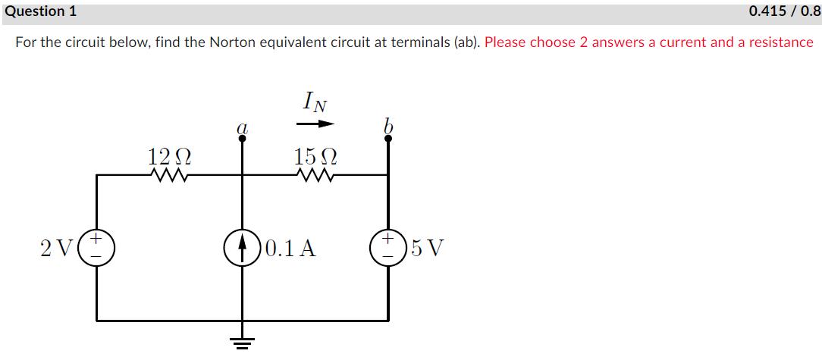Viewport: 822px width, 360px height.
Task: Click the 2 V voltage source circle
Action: coord(96,247)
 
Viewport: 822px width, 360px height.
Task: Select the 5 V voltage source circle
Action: coord(387,247)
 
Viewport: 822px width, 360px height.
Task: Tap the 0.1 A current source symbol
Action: coord(242,247)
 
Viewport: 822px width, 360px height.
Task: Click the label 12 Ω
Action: coord(169,157)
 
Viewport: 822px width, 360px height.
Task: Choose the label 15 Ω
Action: coord(315,157)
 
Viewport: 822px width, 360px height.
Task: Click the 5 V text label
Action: coord(427,248)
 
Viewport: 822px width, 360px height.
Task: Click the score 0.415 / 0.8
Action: coord(784,11)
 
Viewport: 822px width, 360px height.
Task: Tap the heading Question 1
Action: coord(33,11)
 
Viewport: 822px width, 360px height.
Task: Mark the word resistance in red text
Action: coord(781,42)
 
